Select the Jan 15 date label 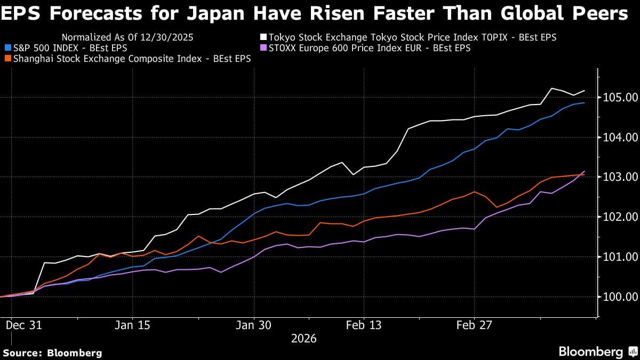click(132, 325)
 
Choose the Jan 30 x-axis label click(254, 325)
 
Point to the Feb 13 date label click(363, 325)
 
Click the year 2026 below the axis click(303, 339)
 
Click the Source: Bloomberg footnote click(52, 353)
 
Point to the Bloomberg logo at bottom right click(597, 352)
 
